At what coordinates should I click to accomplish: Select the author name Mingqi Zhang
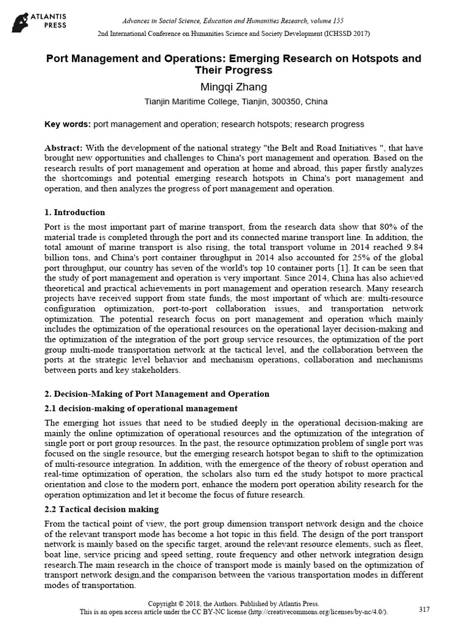[x=234, y=87]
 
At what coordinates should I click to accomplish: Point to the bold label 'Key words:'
[x=68, y=124]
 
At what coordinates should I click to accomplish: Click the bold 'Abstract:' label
[x=65, y=149]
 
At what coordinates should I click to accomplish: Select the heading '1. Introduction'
[x=75, y=213]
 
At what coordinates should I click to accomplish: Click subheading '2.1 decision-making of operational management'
[x=141, y=408]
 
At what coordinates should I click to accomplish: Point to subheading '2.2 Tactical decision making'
[x=102, y=509]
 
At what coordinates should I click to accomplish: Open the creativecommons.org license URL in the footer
[x=320, y=611]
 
